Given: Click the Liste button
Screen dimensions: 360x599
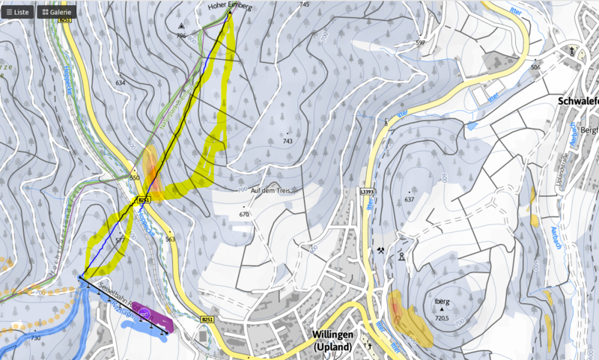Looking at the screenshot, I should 17,12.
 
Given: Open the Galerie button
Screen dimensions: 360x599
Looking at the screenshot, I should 56,12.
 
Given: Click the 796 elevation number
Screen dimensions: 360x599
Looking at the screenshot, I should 180,35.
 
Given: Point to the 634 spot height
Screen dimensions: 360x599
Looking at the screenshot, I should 121,82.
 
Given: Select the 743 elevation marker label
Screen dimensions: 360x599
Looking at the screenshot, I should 287,141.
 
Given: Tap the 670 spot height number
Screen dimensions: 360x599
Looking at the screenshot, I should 243,214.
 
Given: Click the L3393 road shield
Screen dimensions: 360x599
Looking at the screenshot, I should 367,192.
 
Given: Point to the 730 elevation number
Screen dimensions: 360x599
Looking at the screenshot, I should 35,338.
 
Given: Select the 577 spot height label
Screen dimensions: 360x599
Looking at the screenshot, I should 120,240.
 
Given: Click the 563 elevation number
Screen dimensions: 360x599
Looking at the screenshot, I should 170,240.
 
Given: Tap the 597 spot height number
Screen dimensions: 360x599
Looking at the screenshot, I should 420,43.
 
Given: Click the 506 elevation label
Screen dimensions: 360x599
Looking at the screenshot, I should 535,67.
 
